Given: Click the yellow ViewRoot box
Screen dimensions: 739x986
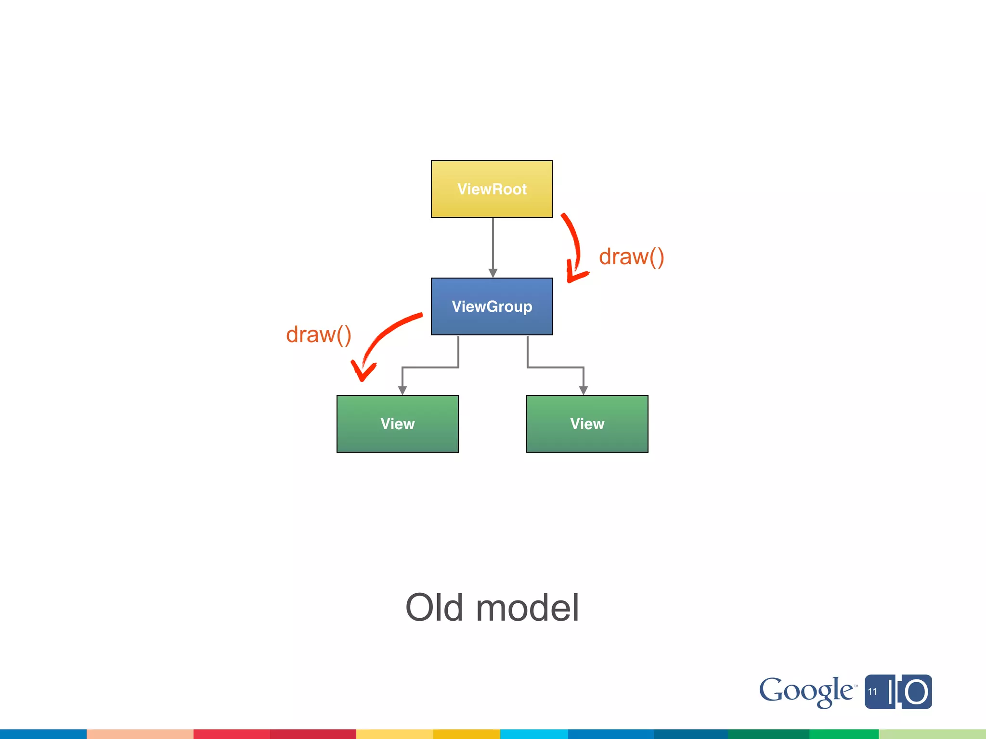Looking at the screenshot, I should click(x=492, y=189).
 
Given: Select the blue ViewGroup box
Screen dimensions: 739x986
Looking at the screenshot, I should click(x=492, y=306).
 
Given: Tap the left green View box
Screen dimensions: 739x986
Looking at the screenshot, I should click(x=397, y=424).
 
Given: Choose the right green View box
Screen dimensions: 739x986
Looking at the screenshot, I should click(x=587, y=424).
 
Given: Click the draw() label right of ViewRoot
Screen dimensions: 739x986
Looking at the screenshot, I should click(x=631, y=257).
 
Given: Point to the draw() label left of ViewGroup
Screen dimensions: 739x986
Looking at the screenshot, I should click(x=318, y=335).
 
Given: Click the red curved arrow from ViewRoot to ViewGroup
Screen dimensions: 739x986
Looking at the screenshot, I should click(x=575, y=245).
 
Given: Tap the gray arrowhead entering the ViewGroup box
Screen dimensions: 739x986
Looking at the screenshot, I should click(x=493, y=273).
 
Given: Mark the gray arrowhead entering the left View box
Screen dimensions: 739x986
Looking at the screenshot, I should click(x=402, y=391).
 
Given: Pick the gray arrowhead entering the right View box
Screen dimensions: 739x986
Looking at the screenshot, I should click(x=584, y=391).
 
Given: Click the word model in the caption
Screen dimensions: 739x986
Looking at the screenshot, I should click(x=527, y=608).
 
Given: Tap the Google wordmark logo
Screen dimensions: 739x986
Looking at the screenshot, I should click(x=806, y=691).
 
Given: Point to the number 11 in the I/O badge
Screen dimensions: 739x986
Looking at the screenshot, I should click(x=872, y=692).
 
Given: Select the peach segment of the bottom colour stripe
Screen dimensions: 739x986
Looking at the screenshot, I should click(x=140, y=734).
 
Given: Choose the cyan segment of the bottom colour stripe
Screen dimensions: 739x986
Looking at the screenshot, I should click(x=534, y=734).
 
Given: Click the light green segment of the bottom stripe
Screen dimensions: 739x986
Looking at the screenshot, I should click(x=932, y=734).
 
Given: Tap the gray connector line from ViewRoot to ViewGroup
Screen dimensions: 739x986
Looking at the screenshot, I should click(x=493, y=243).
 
